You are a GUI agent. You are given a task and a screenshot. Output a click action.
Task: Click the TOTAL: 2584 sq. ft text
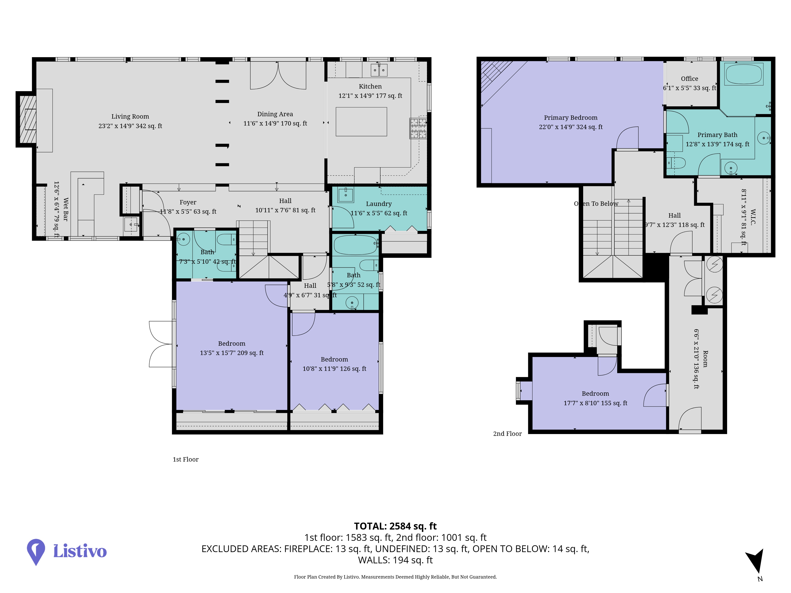(395, 526)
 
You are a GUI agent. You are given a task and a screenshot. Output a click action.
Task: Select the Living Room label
(130, 117)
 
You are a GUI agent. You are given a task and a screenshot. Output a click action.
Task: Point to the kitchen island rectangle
(361, 122)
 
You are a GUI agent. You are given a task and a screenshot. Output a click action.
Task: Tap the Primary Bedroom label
(571, 118)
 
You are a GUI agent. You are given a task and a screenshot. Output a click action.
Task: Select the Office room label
(689, 79)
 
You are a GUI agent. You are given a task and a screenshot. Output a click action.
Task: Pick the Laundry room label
(379, 204)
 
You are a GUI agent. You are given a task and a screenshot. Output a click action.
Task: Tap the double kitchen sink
(379, 70)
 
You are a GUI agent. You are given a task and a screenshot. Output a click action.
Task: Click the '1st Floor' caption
(186, 459)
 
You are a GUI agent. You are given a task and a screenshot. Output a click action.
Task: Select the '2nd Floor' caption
(507, 433)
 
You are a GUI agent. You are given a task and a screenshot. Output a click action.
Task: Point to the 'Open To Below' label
(596, 204)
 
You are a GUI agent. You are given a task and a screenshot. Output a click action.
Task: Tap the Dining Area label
(275, 114)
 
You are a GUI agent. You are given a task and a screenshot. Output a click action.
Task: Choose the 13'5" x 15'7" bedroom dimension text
(232, 353)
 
